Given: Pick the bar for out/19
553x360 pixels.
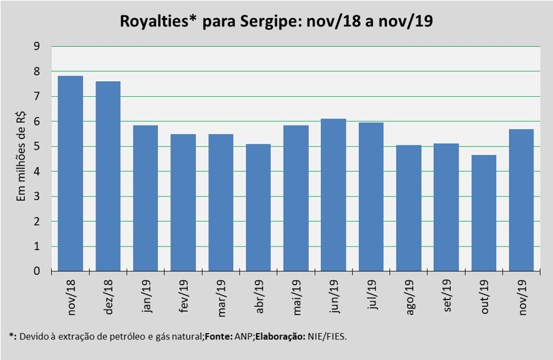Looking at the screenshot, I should [x=484, y=213].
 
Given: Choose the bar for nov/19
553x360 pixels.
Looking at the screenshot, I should [x=521, y=200].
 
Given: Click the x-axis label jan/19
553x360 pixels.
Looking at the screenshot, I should [x=146, y=294].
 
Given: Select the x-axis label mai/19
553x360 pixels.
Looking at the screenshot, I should [x=296, y=294].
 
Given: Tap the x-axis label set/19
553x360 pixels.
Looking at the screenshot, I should [x=446, y=294].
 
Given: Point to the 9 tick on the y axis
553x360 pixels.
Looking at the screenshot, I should [x=37, y=46].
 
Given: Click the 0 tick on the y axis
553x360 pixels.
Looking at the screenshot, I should [x=37, y=271].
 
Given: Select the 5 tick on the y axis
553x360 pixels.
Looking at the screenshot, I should [x=37, y=147].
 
